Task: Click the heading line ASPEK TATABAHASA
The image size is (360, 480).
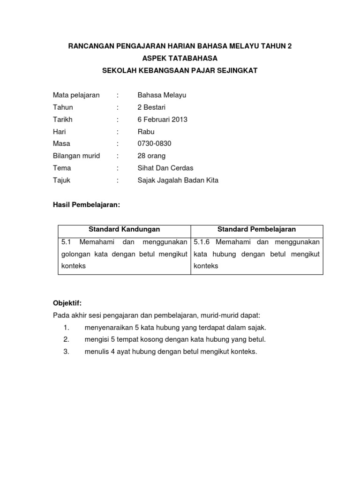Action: tap(180, 58)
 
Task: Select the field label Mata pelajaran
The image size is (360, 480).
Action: tap(76, 95)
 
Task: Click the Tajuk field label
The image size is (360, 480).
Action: tap(61, 180)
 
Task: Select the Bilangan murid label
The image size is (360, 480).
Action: tap(76, 156)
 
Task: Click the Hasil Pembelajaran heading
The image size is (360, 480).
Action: tap(86, 204)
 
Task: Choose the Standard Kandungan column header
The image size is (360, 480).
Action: tap(124, 229)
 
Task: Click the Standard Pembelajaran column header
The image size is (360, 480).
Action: tap(256, 229)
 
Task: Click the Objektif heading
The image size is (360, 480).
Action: tap(67, 303)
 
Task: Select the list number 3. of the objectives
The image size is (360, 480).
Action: tap(66, 352)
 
